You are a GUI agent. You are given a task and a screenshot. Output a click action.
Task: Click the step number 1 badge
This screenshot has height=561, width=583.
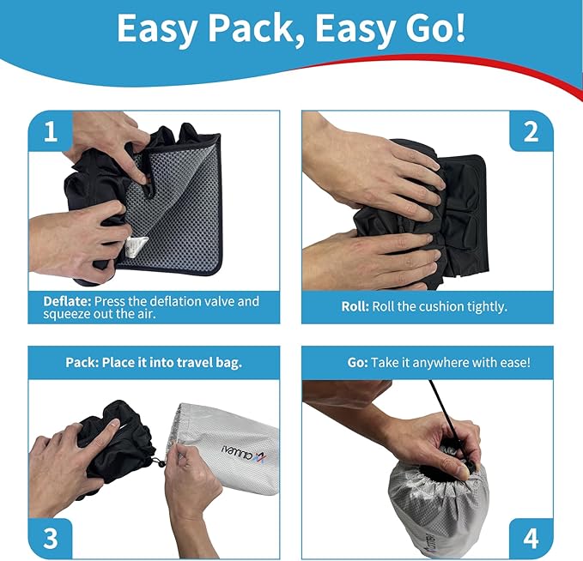(51, 132)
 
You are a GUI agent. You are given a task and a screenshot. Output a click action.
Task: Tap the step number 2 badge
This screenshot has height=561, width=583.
(531, 132)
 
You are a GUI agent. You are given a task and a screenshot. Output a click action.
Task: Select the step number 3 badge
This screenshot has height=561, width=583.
(51, 538)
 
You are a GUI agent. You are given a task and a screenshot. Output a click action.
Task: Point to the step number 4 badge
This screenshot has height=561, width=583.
(531, 538)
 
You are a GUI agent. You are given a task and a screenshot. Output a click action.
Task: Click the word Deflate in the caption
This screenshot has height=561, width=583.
(67, 301)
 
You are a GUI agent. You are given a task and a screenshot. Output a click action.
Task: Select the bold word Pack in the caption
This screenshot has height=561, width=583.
(82, 362)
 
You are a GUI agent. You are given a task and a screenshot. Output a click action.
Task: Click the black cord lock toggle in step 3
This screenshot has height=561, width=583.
(157, 464)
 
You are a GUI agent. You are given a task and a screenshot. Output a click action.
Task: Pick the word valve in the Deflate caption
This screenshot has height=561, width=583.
(238, 301)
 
